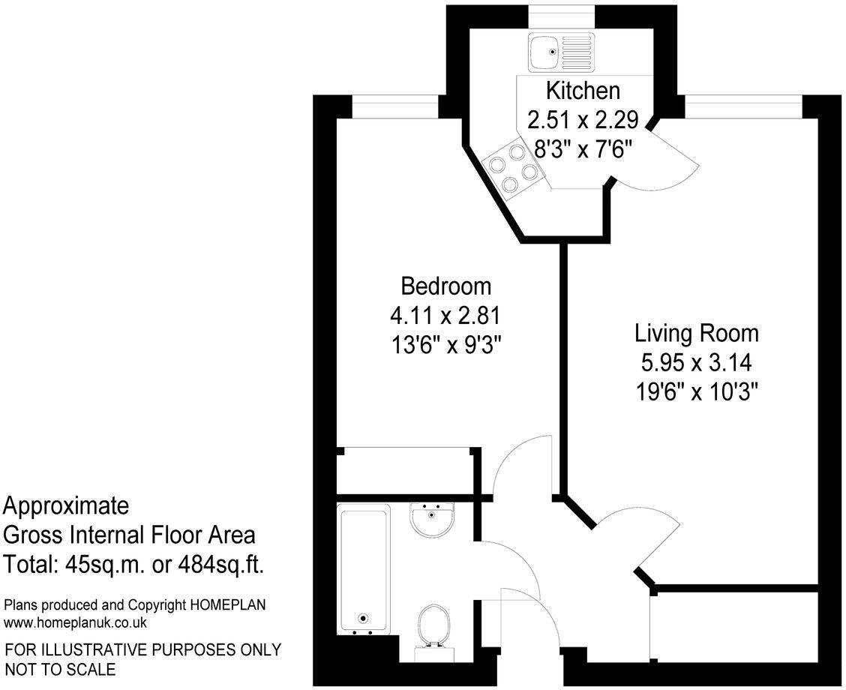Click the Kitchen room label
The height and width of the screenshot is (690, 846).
(x=582, y=91)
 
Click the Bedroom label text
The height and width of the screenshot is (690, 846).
(x=446, y=286)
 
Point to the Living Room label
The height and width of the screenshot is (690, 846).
(x=697, y=332)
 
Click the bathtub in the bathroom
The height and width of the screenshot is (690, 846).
(x=364, y=568)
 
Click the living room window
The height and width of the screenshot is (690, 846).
(x=742, y=107)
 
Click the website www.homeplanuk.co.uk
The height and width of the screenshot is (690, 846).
(x=75, y=622)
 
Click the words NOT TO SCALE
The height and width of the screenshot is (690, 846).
(x=61, y=669)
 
